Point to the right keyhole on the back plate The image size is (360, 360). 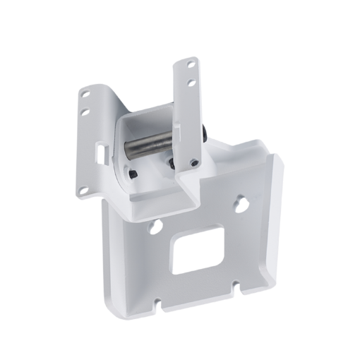point(242,202)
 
